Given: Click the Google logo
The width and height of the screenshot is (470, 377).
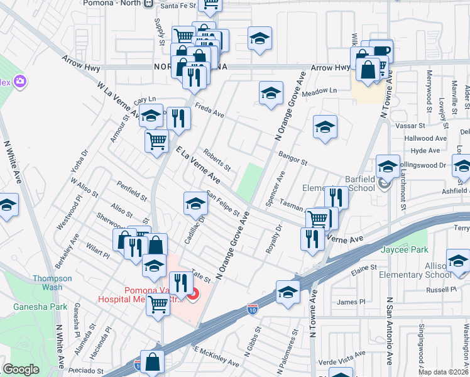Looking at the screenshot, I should (x=21, y=369).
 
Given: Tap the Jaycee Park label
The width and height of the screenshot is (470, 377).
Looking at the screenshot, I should (x=403, y=249).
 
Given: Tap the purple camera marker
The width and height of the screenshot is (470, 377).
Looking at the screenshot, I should (x=20, y=81).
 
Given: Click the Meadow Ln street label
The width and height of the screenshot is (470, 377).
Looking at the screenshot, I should (x=319, y=91).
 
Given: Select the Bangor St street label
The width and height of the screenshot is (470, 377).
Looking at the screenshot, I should (x=292, y=156).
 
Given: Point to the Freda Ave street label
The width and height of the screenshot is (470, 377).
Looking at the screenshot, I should (x=209, y=111).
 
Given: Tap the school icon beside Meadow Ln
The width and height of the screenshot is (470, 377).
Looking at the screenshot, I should (x=271, y=94).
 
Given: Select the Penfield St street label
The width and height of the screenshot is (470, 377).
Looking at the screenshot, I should (x=131, y=191).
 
